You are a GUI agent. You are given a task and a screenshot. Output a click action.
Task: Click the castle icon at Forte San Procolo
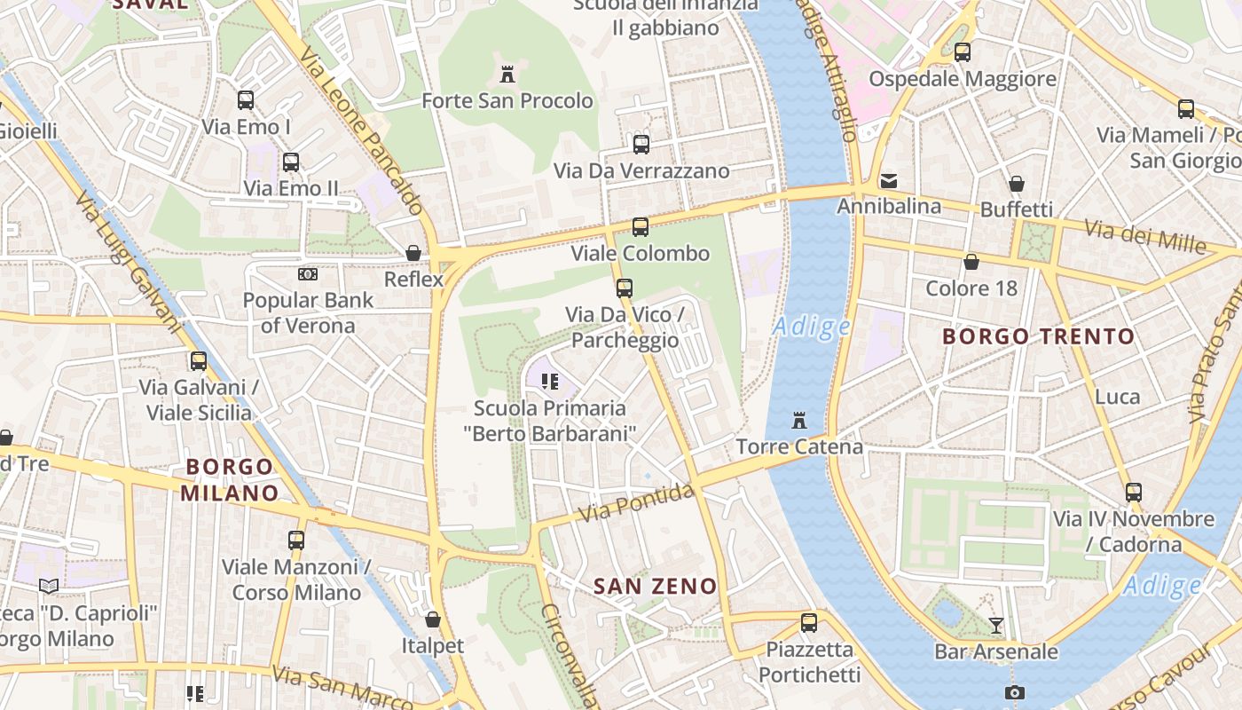tap(507, 74)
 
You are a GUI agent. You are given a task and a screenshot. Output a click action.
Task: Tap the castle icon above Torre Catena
tap(799, 420)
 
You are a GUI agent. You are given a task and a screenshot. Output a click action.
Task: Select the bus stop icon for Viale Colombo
tap(641, 227)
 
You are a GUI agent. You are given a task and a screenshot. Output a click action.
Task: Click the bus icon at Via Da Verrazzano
tap(641, 144)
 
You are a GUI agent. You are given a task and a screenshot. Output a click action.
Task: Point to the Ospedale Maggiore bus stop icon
tap(963, 52)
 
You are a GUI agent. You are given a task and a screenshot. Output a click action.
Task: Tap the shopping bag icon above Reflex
tap(413, 253)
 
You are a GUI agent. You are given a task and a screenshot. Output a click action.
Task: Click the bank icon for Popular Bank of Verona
tap(308, 274)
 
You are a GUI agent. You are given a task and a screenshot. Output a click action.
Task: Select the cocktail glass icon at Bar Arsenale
tap(996, 626)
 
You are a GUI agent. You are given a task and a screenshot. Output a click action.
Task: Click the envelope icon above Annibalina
tap(889, 181)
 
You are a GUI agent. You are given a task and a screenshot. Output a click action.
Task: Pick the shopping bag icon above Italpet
tap(433, 619)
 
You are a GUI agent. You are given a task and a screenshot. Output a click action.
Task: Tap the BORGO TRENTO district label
tap(1038, 336)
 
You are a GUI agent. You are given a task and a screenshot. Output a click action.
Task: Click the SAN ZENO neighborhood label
tap(655, 586)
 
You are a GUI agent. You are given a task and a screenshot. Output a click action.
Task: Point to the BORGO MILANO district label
tap(230, 479)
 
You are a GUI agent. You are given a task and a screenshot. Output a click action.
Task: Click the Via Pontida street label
tap(635, 502)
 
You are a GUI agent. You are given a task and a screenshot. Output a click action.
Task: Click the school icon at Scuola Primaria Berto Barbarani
tap(549, 382)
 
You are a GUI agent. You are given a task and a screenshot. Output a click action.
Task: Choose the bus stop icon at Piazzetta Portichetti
tap(809, 623)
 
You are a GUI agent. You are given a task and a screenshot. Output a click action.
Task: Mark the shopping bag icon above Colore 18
tap(971, 262)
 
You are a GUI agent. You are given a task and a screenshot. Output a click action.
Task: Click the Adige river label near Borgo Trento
tap(811, 327)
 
